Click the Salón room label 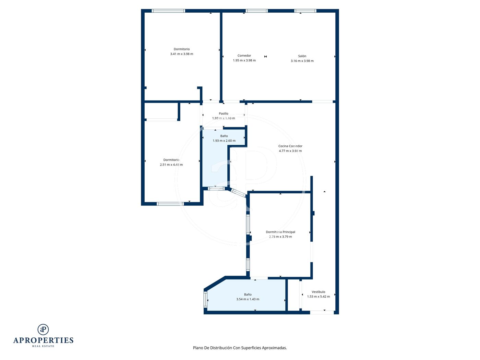(x=302, y=56)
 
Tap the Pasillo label (x=224, y=113)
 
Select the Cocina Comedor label (x=290, y=146)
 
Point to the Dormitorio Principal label (x=280, y=232)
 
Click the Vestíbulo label (x=319, y=292)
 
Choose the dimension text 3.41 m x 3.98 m (x=181, y=54)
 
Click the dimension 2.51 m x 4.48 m (x=171, y=165)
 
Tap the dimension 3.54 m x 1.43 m (x=248, y=299)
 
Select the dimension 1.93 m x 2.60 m (x=224, y=141)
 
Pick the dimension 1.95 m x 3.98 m (x=244, y=61)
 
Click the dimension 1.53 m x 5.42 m (x=319, y=297)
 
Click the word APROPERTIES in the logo (x=43, y=340)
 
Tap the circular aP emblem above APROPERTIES (x=43, y=329)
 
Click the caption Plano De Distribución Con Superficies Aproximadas (x=240, y=348)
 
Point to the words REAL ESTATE (x=43, y=346)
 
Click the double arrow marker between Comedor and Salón (x=265, y=57)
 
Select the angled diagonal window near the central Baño (x=239, y=193)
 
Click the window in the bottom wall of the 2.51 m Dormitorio (x=170, y=204)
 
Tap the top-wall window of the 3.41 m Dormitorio (x=168, y=11)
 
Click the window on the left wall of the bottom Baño (x=205, y=300)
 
